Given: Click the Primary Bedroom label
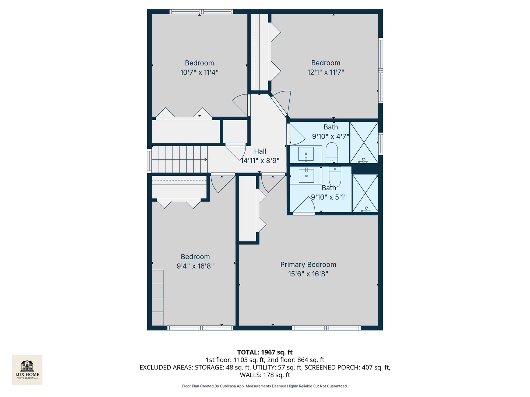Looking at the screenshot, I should click(308, 265).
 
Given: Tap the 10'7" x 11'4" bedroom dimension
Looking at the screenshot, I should click(199, 72).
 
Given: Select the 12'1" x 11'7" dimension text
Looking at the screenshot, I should click(325, 72).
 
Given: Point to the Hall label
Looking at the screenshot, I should click(260, 151).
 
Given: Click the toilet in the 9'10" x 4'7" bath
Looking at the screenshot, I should click(332, 153).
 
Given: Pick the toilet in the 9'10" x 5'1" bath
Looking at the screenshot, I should click(335, 176).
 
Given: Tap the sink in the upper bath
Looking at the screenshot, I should click(306, 154).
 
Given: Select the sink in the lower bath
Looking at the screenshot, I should click(306, 175).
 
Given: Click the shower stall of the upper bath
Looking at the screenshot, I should click(364, 143).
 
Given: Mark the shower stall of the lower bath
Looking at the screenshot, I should click(365, 193).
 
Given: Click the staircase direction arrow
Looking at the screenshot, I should click(205, 160).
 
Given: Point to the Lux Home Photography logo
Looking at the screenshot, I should click(27, 369).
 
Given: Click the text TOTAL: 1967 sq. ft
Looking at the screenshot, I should click(265, 352).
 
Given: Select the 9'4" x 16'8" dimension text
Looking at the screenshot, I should click(195, 266).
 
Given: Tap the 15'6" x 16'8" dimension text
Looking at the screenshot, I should click(308, 274).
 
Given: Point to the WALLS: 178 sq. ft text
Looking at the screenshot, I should click(265, 375).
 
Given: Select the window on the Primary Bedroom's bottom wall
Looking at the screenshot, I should click(326, 328).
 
